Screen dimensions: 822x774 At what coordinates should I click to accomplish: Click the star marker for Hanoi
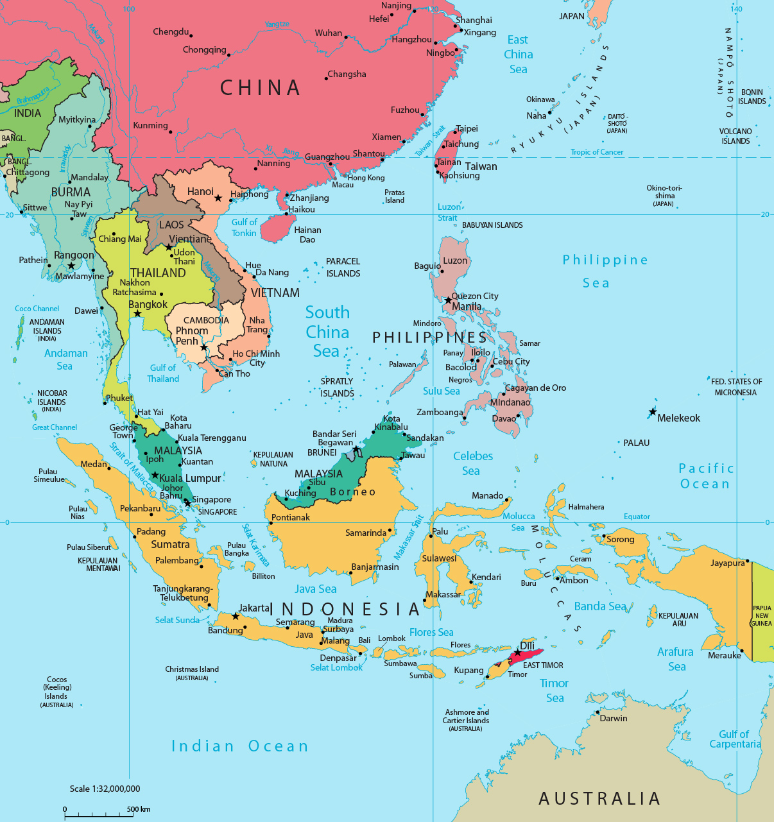click(218, 198)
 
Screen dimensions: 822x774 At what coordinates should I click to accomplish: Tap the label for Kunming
click(150, 126)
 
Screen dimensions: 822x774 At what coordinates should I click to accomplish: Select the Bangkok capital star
click(137, 314)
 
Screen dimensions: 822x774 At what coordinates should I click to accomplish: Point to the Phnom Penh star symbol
click(203, 347)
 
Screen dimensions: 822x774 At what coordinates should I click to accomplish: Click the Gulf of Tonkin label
click(244, 228)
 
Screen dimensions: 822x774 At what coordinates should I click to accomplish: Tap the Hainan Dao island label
click(307, 235)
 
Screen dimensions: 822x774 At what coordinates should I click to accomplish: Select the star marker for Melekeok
click(653, 412)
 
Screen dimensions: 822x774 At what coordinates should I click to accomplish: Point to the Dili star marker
click(517, 653)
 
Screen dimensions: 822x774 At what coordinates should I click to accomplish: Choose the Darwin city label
click(613, 718)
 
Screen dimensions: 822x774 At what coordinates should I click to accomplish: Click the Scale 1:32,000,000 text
click(105, 789)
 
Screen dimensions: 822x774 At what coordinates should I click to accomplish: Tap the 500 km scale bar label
click(139, 809)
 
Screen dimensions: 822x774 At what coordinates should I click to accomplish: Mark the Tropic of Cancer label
click(597, 152)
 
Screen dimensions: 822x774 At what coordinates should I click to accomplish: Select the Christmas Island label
click(192, 669)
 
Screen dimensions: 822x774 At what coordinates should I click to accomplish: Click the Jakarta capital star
click(236, 616)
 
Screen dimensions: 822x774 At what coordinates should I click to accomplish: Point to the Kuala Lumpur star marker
click(155, 475)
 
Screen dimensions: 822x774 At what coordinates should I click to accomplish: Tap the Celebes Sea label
click(472, 463)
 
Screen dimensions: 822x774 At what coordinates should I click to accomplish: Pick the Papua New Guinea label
click(762, 615)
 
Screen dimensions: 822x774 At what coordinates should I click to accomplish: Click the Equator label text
click(637, 517)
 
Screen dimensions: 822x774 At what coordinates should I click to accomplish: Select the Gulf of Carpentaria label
click(734, 739)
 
